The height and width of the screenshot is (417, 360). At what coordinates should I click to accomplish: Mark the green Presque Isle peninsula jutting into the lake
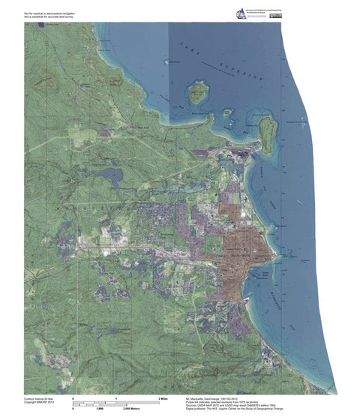pos(268,131)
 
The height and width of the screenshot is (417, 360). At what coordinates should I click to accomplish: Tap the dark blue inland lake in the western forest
pos(113,178)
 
